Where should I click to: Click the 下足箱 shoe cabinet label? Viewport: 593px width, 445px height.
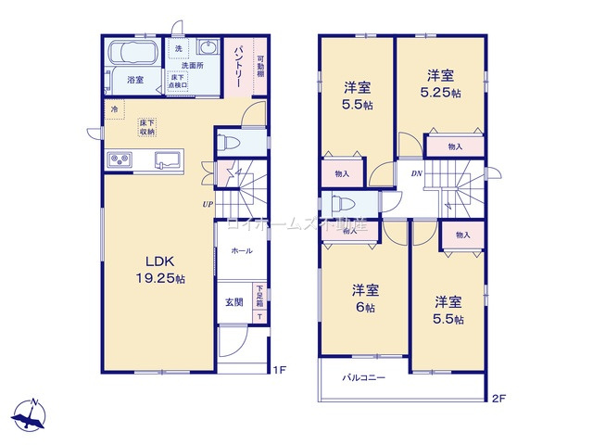[259, 297]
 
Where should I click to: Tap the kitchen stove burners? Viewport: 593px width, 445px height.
[120, 159]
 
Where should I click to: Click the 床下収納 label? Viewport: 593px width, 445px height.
[148, 127]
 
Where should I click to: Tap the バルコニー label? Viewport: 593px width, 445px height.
[362, 378]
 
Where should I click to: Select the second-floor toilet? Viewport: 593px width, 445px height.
[341, 207]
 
